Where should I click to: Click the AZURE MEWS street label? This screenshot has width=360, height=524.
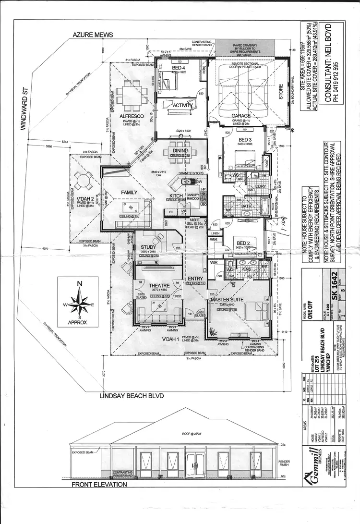point(93,35)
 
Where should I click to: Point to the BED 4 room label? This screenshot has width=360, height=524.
point(179,68)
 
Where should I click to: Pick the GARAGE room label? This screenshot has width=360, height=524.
point(241,116)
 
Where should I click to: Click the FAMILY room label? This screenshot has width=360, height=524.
point(129,193)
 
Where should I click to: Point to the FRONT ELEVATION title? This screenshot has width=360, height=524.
point(99,485)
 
